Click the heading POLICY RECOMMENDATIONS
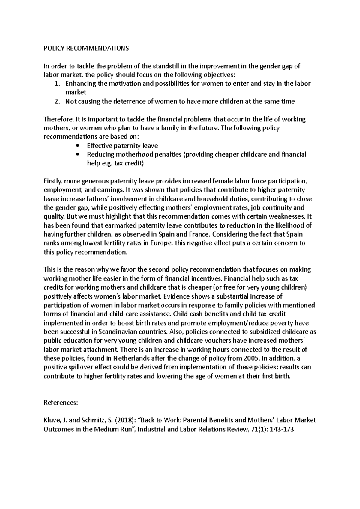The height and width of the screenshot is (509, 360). coord(86,49)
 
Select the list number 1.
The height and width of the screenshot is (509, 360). coord(57,84)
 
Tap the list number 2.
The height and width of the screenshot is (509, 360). coord(57,102)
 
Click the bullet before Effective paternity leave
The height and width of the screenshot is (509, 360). coord(78,146)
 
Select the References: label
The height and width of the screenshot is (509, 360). coord(61,403)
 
